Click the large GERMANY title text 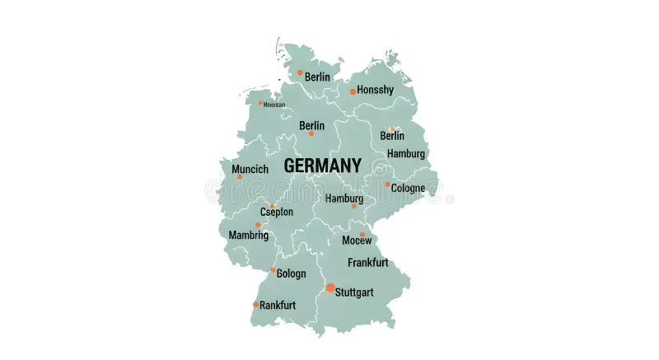tap(322, 166)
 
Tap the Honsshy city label tap(376, 90)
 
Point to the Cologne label tap(409, 188)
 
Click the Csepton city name tap(276, 212)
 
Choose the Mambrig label tap(248, 235)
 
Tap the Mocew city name tap(358, 241)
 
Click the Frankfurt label tap(368, 263)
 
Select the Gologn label tap(291, 274)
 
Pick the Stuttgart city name tap(355, 292)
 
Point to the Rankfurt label tap(278, 306)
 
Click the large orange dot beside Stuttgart tap(330, 288)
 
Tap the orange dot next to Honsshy tap(353, 91)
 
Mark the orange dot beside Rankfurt tap(256, 305)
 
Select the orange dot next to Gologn tap(273, 270)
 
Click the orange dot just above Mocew tap(362, 235)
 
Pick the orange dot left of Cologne tap(387, 185)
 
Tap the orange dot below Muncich tap(239, 177)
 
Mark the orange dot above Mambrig tap(258, 225)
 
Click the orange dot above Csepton tap(273, 206)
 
